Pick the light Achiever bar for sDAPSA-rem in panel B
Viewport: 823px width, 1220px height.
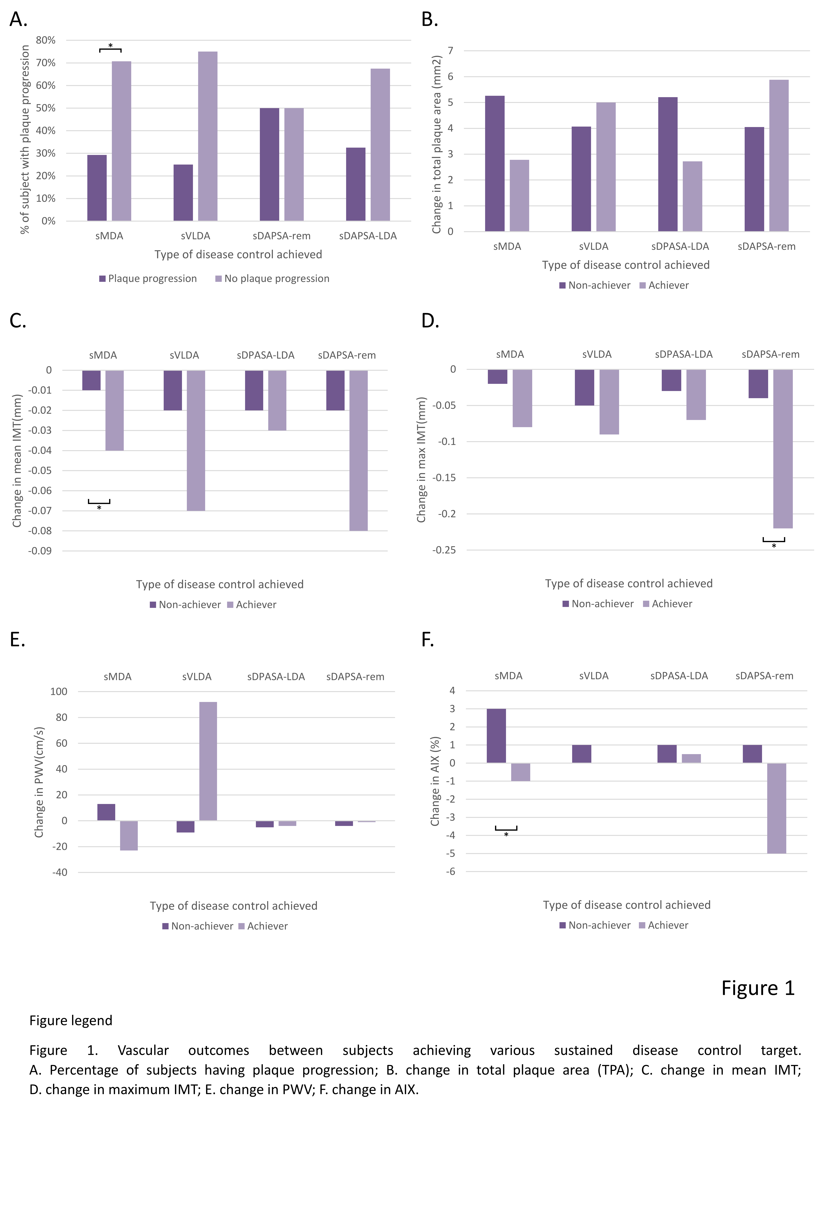coord(778,155)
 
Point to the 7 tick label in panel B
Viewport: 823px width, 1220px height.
coord(450,50)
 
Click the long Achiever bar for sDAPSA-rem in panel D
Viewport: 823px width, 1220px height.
coord(783,449)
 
